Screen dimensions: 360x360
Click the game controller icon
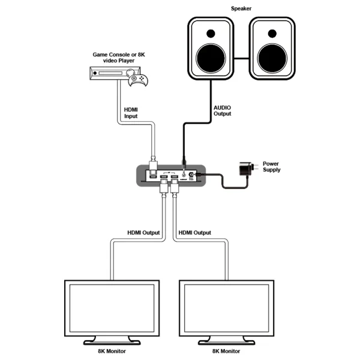click(x=140, y=80)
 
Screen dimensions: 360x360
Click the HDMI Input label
click(x=131, y=112)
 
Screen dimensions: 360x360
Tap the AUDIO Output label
click(x=223, y=110)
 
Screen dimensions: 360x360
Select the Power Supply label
click(x=271, y=167)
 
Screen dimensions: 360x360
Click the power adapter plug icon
click(x=245, y=169)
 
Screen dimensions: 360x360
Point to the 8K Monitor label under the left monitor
click(x=112, y=352)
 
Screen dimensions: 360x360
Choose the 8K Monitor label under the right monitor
click(x=228, y=352)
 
